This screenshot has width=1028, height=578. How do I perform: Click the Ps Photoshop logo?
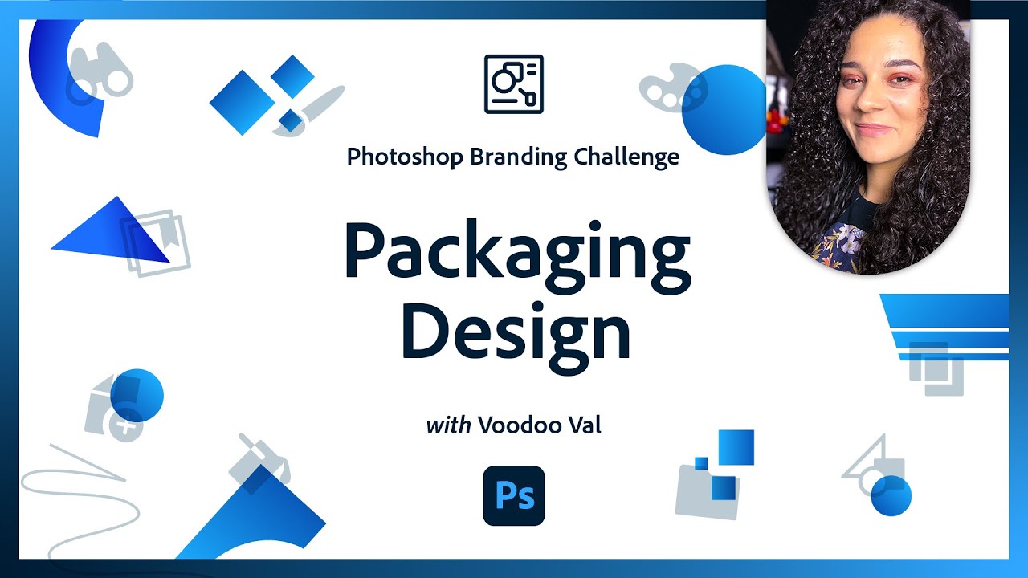[514, 495]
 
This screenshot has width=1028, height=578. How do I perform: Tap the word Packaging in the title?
[516, 250]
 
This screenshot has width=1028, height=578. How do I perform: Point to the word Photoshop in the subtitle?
[405, 157]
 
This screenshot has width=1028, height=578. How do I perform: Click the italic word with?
[448, 425]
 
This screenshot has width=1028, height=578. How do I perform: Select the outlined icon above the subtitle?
[514, 83]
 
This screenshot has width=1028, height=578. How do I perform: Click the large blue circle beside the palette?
[724, 110]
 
